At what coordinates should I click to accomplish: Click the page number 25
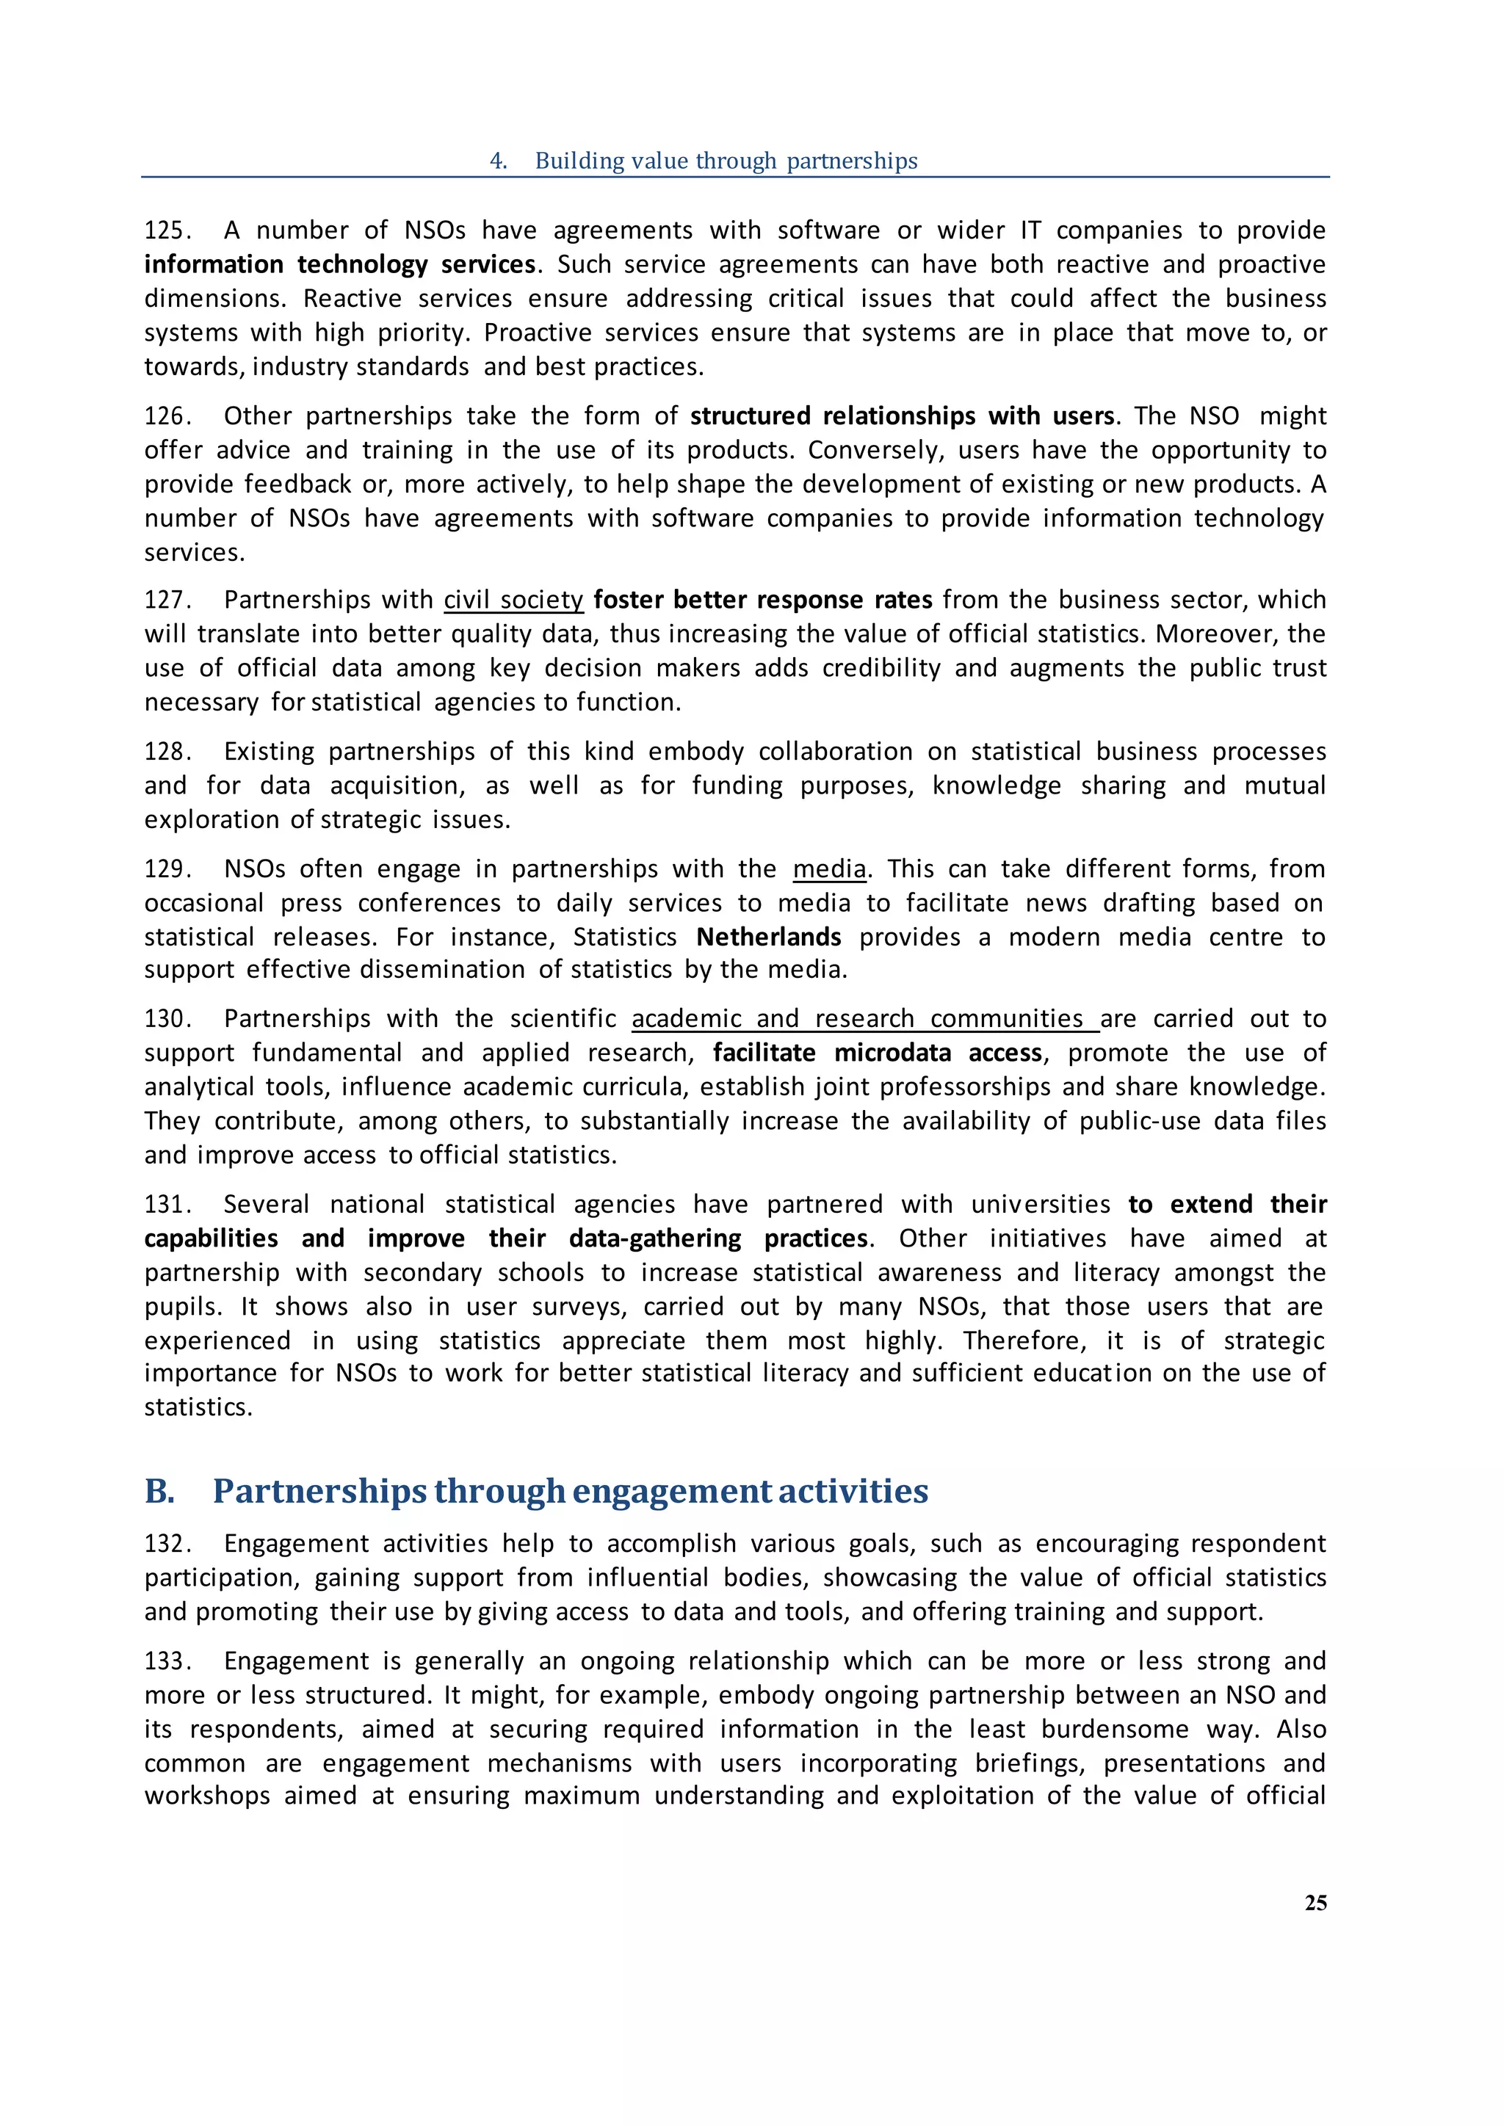[1315, 1903]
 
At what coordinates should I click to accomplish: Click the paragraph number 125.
[167, 231]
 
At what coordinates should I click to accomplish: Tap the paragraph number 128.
[167, 752]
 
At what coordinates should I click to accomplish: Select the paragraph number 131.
[167, 1205]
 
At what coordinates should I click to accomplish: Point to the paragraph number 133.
[167, 1661]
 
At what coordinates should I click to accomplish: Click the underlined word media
[829, 869]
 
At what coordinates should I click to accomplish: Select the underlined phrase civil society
[513, 600]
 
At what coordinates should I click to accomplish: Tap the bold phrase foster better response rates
[762, 600]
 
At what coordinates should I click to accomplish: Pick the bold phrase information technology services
[340, 265]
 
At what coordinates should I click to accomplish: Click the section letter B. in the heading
[160, 1492]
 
